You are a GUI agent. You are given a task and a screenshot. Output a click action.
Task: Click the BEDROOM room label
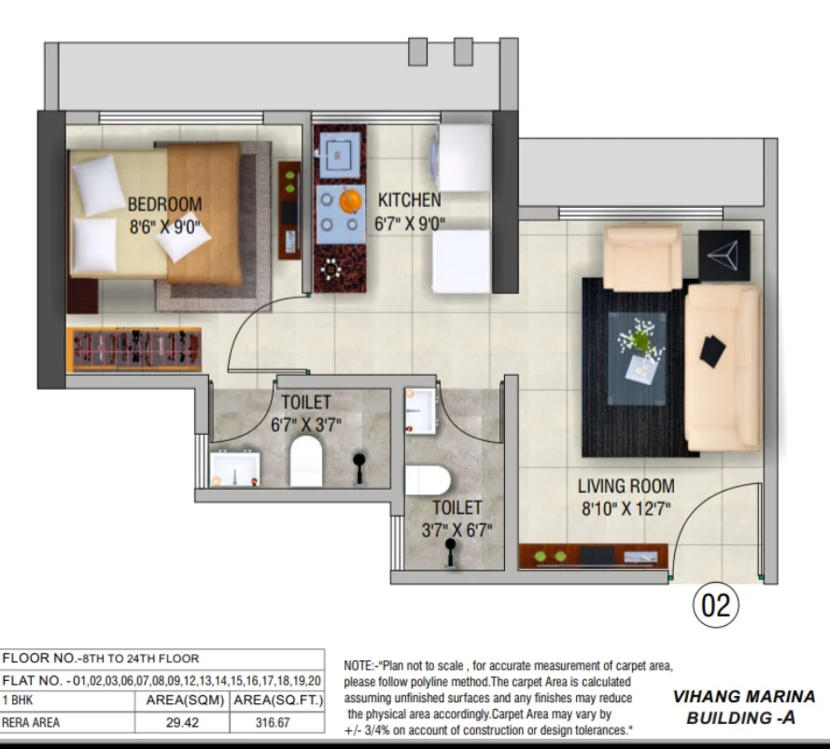coord(164,204)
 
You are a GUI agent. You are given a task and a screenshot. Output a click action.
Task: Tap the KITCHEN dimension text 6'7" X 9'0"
coord(410,224)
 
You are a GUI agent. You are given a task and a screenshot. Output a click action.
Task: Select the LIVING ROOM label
coord(626,486)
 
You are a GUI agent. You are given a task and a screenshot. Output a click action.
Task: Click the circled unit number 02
coord(716,605)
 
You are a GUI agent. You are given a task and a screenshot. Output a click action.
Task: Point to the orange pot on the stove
coord(350,201)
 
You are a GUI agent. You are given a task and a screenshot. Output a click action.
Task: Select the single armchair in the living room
coord(642,257)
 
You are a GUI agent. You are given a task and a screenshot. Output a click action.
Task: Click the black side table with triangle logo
coord(724,256)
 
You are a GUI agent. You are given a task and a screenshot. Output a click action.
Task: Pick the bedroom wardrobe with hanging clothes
coord(134,349)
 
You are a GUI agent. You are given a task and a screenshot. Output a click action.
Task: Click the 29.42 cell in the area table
coord(182,722)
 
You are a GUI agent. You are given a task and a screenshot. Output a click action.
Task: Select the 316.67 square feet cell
coord(273,722)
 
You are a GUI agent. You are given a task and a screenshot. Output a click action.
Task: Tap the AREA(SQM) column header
coord(185,700)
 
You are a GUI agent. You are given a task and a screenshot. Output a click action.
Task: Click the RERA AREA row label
coord(31,722)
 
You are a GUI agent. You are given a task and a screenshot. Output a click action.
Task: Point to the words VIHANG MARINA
coord(744,697)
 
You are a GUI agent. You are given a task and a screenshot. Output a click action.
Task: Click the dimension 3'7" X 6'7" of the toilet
coord(457,530)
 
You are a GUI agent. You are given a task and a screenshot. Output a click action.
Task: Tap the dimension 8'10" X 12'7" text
coord(626,509)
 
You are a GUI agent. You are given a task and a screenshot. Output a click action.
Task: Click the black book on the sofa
coord(712,351)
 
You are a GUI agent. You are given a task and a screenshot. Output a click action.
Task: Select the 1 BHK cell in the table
coord(18,700)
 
